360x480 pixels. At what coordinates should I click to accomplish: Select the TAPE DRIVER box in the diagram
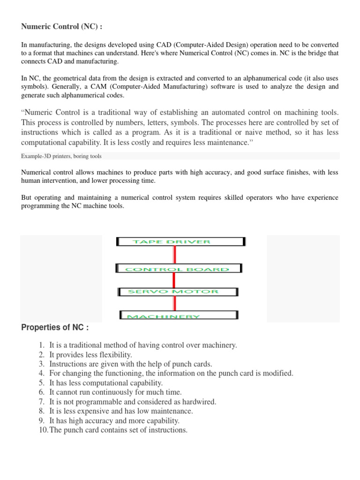tap(180, 242)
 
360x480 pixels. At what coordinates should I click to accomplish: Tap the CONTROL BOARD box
tap(178, 269)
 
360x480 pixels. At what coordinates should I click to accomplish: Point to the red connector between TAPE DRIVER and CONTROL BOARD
tap(175, 255)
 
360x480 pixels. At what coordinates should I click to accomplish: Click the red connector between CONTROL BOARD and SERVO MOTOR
tap(174, 280)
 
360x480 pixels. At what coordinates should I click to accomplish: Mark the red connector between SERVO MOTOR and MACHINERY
tap(174, 303)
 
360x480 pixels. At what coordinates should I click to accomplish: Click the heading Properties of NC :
tap(55, 327)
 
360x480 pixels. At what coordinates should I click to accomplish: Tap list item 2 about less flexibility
tap(90, 354)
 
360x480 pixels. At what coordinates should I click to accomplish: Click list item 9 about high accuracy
tap(114, 420)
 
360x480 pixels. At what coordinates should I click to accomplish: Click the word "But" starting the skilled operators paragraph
tap(27, 198)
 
